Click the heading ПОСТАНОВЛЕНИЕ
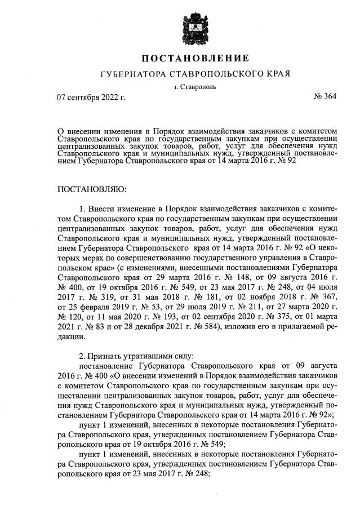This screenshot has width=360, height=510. click(x=195, y=59)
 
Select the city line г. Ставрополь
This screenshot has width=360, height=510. click(x=195, y=86)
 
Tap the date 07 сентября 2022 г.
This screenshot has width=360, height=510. click(x=91, y=97)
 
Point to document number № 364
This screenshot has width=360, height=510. click(x=324, y=96)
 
